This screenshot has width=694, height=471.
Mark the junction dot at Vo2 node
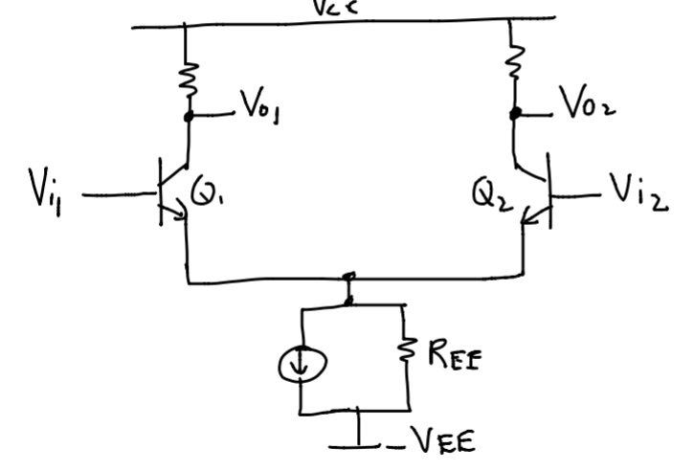pos(517,113)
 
